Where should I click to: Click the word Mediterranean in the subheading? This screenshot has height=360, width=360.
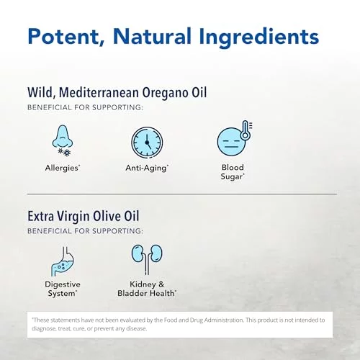click(99, 92)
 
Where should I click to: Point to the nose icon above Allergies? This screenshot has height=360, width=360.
click(63, 140)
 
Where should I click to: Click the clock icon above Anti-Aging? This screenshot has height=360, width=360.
click(147, 143)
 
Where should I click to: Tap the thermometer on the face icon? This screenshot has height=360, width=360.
click(246, 130)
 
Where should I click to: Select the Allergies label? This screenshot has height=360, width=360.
click(63, 168)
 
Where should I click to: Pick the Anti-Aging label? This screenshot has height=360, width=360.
click(147, 168)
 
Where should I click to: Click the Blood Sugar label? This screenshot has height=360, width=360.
click(233, 172)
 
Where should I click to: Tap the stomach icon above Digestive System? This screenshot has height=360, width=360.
click(63, 261)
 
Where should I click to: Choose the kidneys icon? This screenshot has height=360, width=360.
click(147, 259)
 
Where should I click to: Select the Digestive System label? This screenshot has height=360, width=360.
click(63, 289)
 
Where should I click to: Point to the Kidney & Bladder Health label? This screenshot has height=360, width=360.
click(147, 289)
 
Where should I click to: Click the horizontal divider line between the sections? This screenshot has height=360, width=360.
click(182, 194)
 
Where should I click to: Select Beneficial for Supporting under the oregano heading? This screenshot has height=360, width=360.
click(85, 107)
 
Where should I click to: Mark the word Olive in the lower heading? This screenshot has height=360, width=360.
click(107, 216)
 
